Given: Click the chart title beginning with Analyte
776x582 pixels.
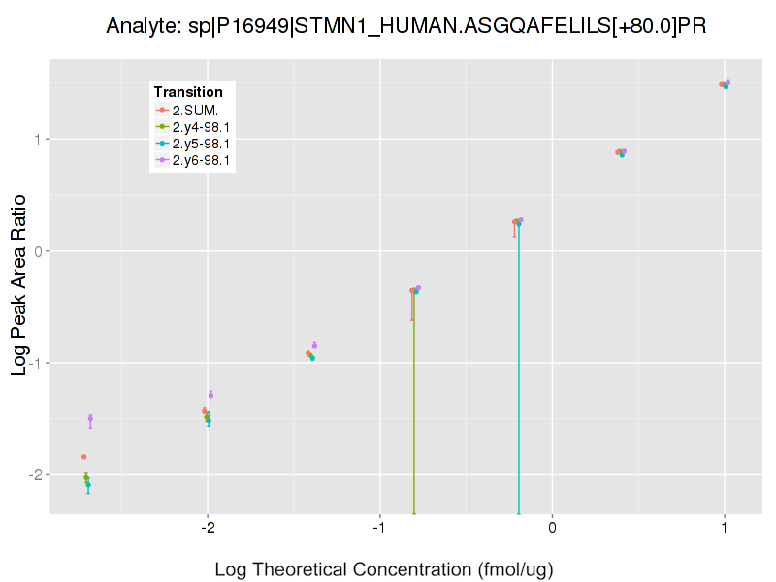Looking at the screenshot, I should coord(405,26).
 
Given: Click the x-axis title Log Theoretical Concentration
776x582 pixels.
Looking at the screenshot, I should coord(383,569).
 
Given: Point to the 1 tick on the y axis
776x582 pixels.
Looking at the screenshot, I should coord(39,140).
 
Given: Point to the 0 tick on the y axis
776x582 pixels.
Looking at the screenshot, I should coord(39,251).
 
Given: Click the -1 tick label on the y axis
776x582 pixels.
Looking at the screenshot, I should coord(36,363).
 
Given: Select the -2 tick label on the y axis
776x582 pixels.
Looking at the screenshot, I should coord(36,474).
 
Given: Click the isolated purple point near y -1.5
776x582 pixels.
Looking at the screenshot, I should coord(90,418).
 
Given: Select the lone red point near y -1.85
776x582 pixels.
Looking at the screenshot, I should coord(84,456).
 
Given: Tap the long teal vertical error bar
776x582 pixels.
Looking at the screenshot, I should coord(519,378).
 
